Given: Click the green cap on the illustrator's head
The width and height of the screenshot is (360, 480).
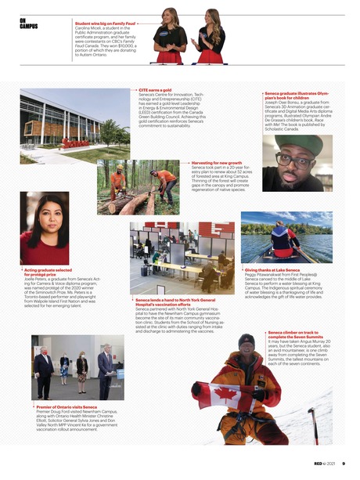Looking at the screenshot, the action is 301,146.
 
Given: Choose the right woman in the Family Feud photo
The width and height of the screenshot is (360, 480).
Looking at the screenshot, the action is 211,37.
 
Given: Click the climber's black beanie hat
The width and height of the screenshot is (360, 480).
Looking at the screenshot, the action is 247,341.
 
